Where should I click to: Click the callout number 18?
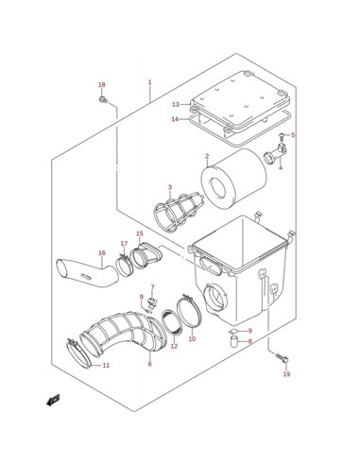tap(101, 85)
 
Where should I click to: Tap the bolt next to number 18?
tap(103, 99)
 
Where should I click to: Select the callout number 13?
tap(176, 104)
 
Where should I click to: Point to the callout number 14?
tap(175, 119)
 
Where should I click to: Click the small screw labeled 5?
tap(283, 136)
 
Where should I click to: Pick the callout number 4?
tap(281, 167)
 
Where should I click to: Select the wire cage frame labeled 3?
tap(178, 211)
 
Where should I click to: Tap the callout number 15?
tap(140, 233)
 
